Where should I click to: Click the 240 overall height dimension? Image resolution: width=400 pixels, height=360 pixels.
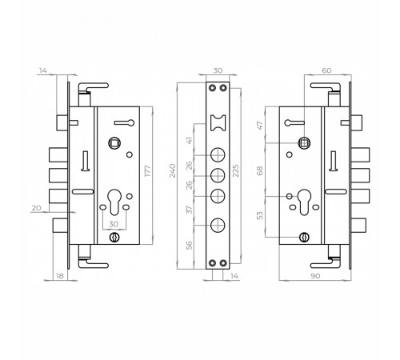[x=173, y=171]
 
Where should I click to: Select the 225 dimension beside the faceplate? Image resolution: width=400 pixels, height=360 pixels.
[x=236, y=171]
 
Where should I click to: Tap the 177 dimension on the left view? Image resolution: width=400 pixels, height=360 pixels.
[x=147, y=171]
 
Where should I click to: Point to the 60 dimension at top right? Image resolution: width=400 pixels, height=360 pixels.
[x=326, y=70]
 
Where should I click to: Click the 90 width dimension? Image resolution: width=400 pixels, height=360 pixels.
[x=315, y=276]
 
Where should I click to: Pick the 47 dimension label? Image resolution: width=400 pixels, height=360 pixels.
[x=260, y=125]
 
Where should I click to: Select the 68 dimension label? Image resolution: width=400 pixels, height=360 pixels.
[x=260, y=170]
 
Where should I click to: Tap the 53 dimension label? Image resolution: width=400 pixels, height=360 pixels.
[x=260, y=215]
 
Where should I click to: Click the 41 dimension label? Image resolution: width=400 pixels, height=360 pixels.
[x=189, y=140]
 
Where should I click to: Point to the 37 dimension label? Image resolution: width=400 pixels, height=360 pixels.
[x=189, y=210]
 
